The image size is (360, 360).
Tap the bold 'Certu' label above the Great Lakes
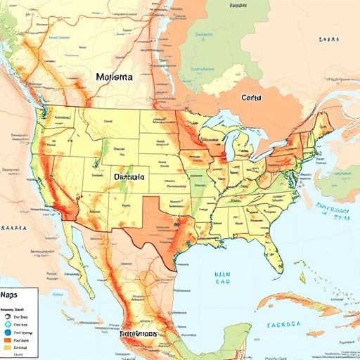click(x=251, y=99)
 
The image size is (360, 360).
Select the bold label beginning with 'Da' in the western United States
click(x=129, y=178)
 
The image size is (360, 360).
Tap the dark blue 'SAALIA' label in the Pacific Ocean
click(x=14, y=229)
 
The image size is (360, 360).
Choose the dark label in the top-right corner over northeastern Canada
click(x=329, y=40)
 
